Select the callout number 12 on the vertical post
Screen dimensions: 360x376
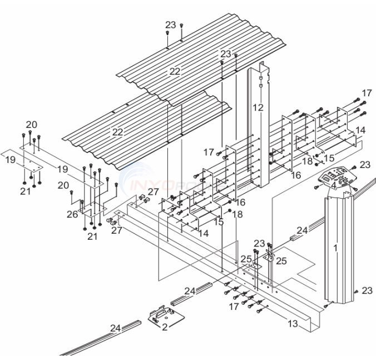[258, 107]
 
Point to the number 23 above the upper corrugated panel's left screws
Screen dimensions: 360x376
[171, 24]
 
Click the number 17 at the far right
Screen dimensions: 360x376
[367, 92]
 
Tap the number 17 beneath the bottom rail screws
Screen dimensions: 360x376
[234, 306]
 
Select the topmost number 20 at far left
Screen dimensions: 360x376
[31, 124]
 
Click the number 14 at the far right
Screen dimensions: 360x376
[360, 130]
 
